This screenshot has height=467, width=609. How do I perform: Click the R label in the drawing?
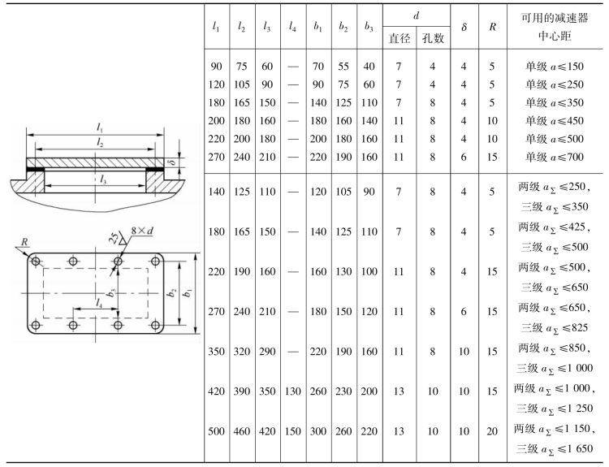(25, 241)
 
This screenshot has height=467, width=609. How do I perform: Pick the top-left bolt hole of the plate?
(36, 262)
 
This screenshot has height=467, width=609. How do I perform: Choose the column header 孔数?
(431, 37)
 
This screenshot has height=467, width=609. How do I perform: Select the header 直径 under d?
(399, 37)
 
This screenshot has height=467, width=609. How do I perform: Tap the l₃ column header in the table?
(267, 27)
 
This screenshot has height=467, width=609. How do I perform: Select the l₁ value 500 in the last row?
(217, 432)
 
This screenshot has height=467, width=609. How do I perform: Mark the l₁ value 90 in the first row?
(217, 67)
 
